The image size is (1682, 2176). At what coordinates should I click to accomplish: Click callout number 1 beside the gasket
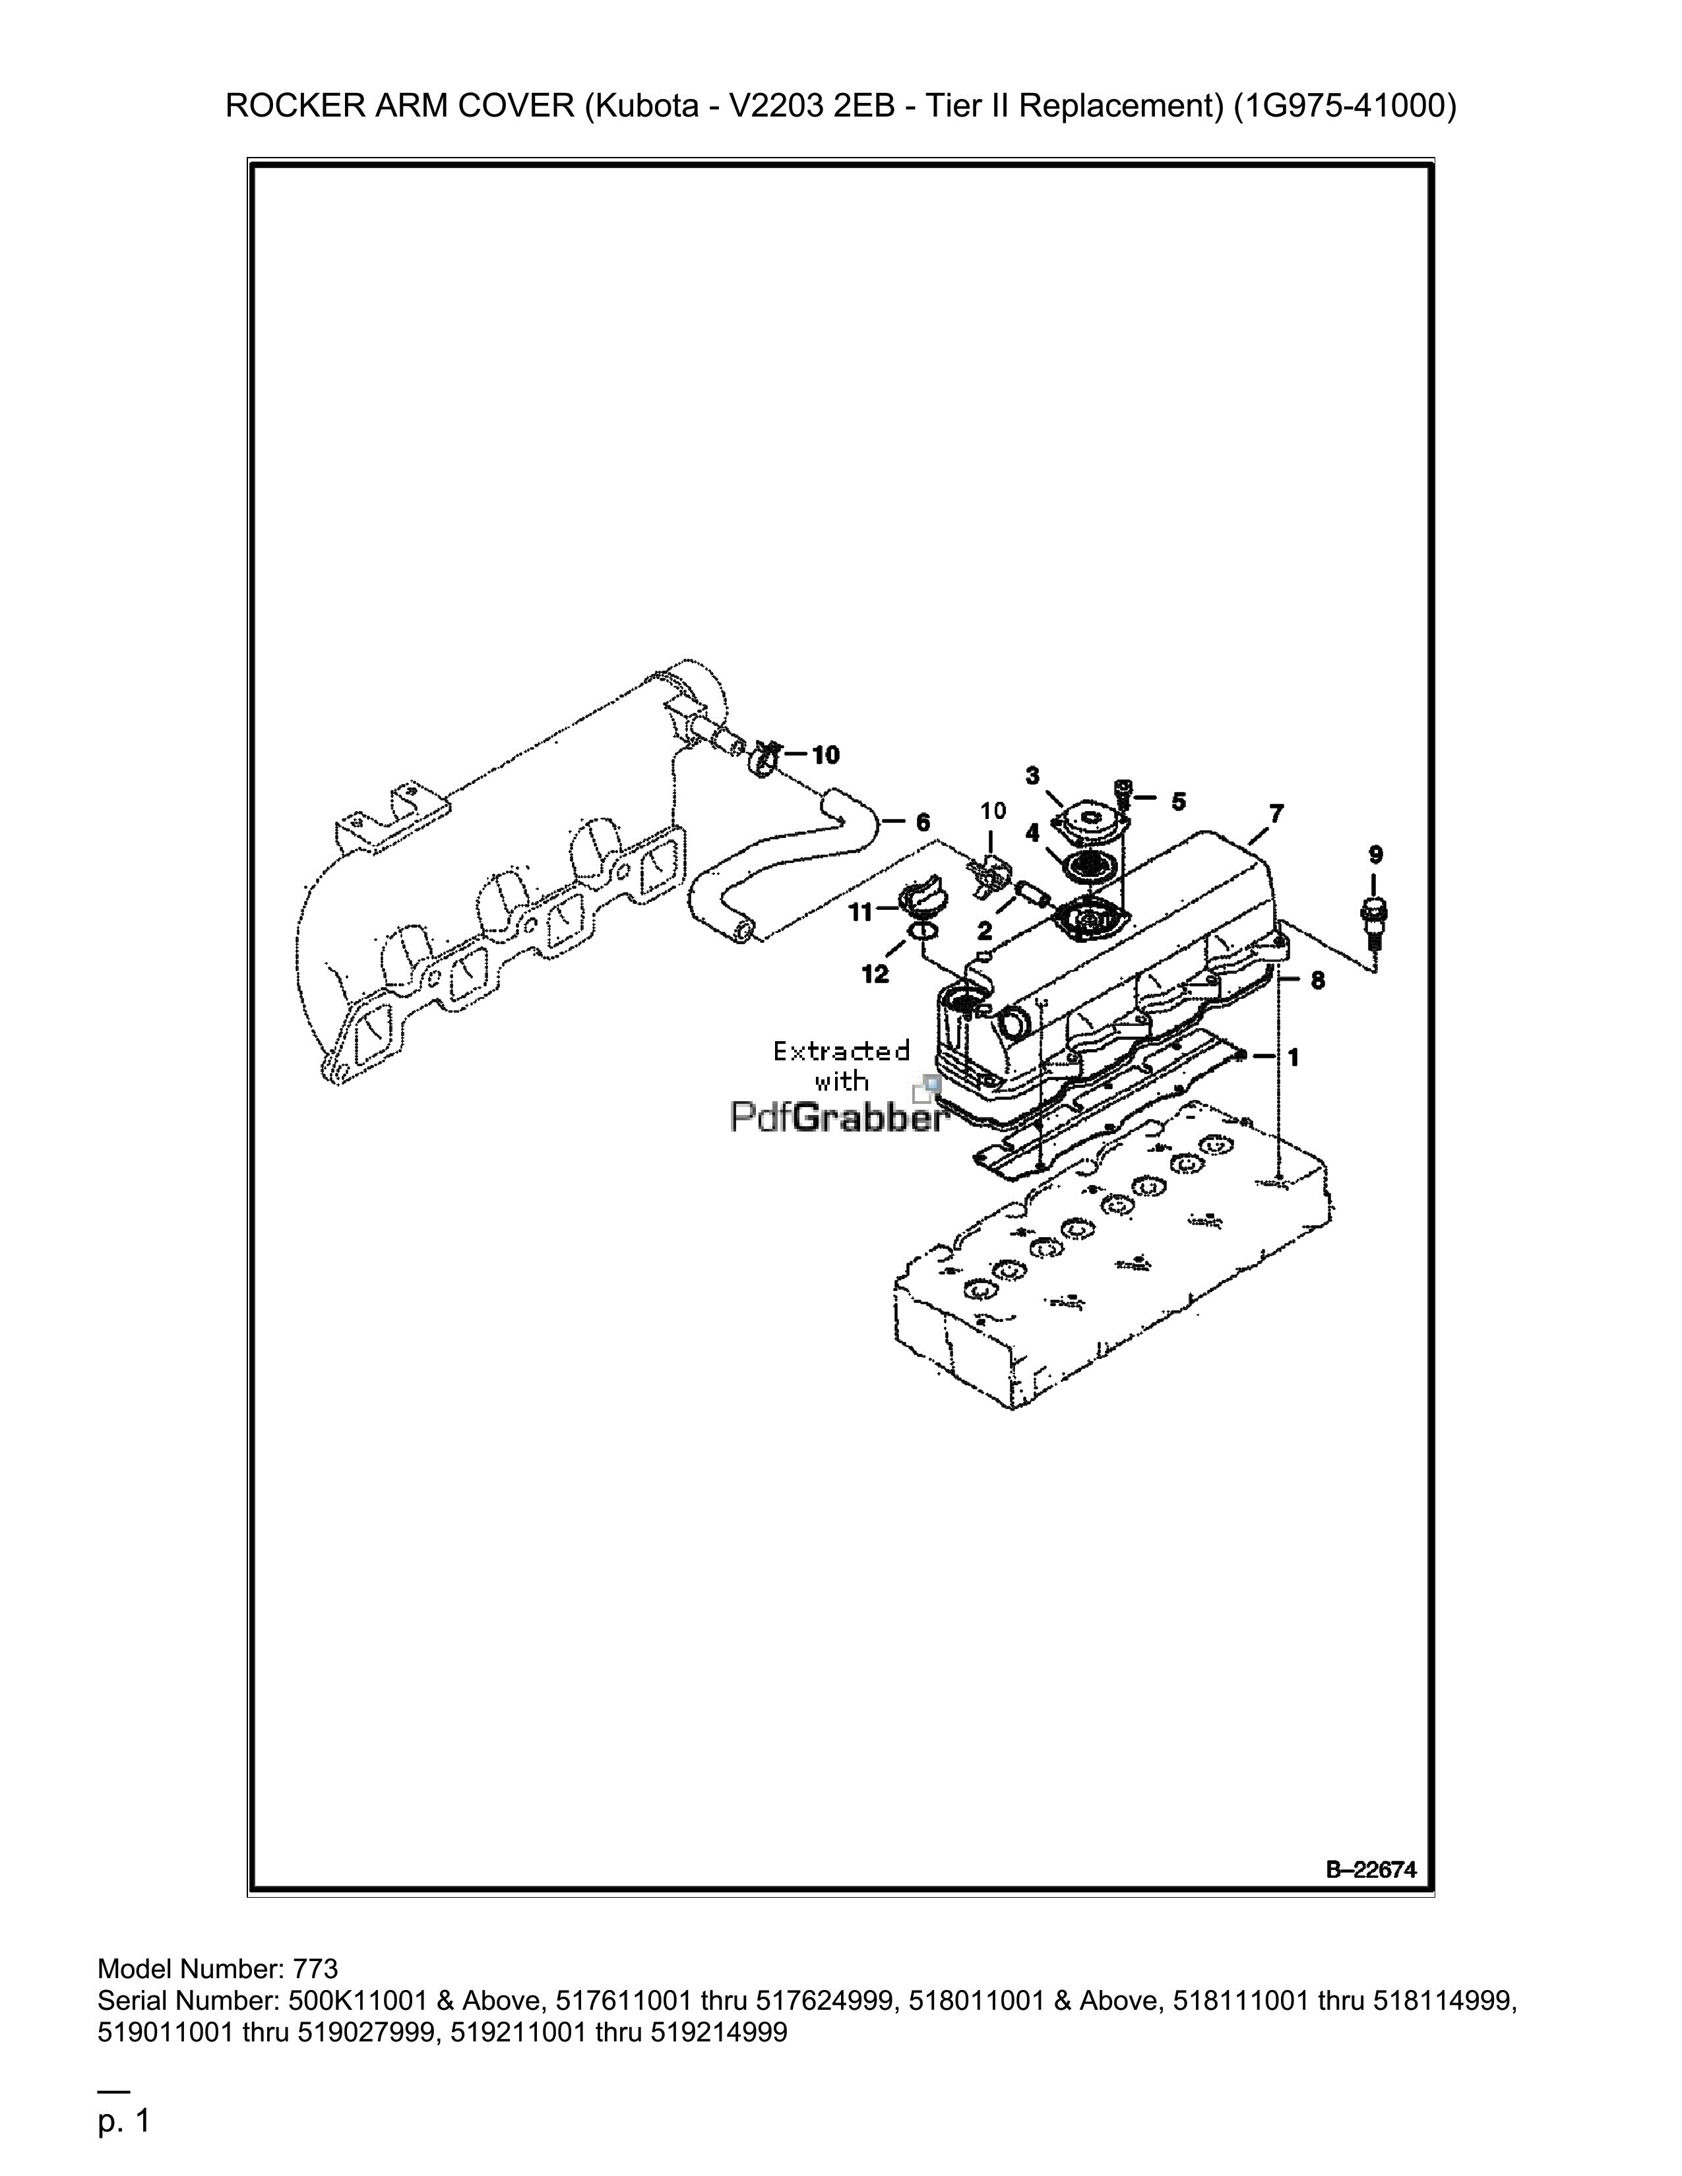tap(1293, 1057)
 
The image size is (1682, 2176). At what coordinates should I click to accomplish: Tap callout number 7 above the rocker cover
tap(1276, 814)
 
